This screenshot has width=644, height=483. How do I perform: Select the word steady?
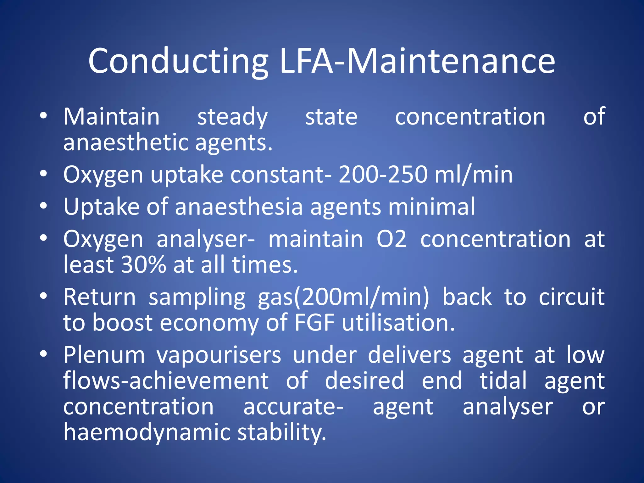click(232, 117)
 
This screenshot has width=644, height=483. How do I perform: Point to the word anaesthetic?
click(125, 142)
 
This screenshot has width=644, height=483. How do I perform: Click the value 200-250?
click(383, 175)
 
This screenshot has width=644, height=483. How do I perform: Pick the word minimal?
click(431, 207)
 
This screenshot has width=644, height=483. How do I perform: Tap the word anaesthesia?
click(239, 207)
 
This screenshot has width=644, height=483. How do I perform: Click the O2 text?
click(391, 239)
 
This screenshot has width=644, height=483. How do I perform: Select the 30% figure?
click(143, 265)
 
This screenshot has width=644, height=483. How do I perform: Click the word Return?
click(100, 297)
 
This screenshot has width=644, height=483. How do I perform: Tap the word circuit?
click(571, 297)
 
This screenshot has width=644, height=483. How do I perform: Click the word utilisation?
click(398, 323)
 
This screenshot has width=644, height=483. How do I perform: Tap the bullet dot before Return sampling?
click(43, 296)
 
